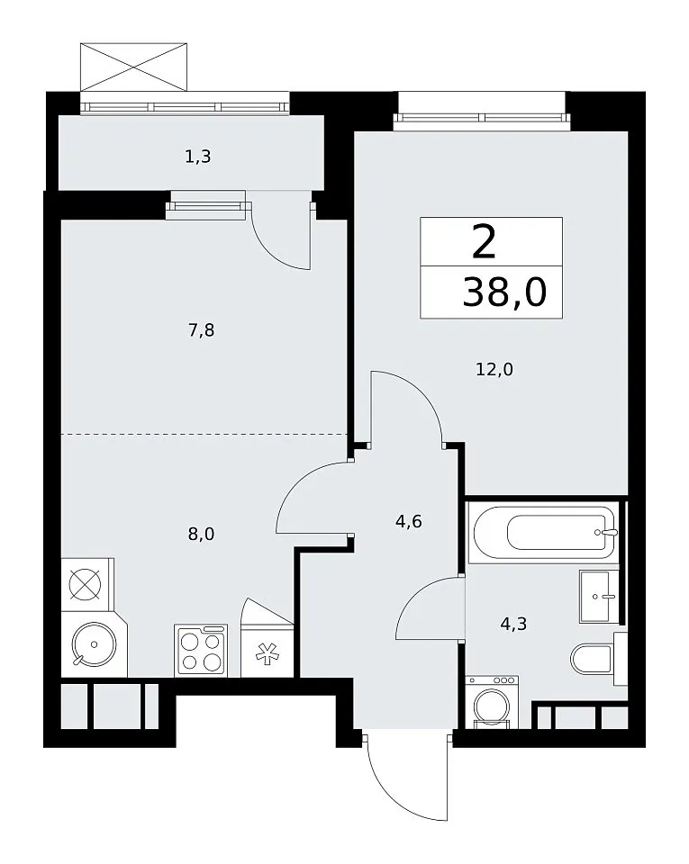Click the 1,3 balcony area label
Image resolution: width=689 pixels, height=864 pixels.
(x=198, y=157)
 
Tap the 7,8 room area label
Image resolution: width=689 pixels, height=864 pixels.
(x=201, y=330)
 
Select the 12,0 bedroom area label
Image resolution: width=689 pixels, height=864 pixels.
(x=494, y=369)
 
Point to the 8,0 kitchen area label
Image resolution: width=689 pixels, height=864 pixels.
(x=201, y=534)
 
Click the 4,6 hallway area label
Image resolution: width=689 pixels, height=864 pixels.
(x=409, y=521)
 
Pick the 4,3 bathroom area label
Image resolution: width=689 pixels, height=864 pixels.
(x=513, y=624)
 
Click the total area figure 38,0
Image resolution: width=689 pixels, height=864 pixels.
(x=504, y=292)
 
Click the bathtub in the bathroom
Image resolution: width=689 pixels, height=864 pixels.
(x=542, y=532)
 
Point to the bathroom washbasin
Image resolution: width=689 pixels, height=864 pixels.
(x=599, y=596)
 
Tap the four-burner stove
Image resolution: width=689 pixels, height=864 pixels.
(x=201, y=650)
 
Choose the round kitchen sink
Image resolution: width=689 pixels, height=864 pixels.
(x=94, y=644)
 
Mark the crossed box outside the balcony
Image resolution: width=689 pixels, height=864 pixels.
(x=133, y=67)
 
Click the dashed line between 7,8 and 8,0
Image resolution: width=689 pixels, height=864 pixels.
(x=204, y=434)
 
